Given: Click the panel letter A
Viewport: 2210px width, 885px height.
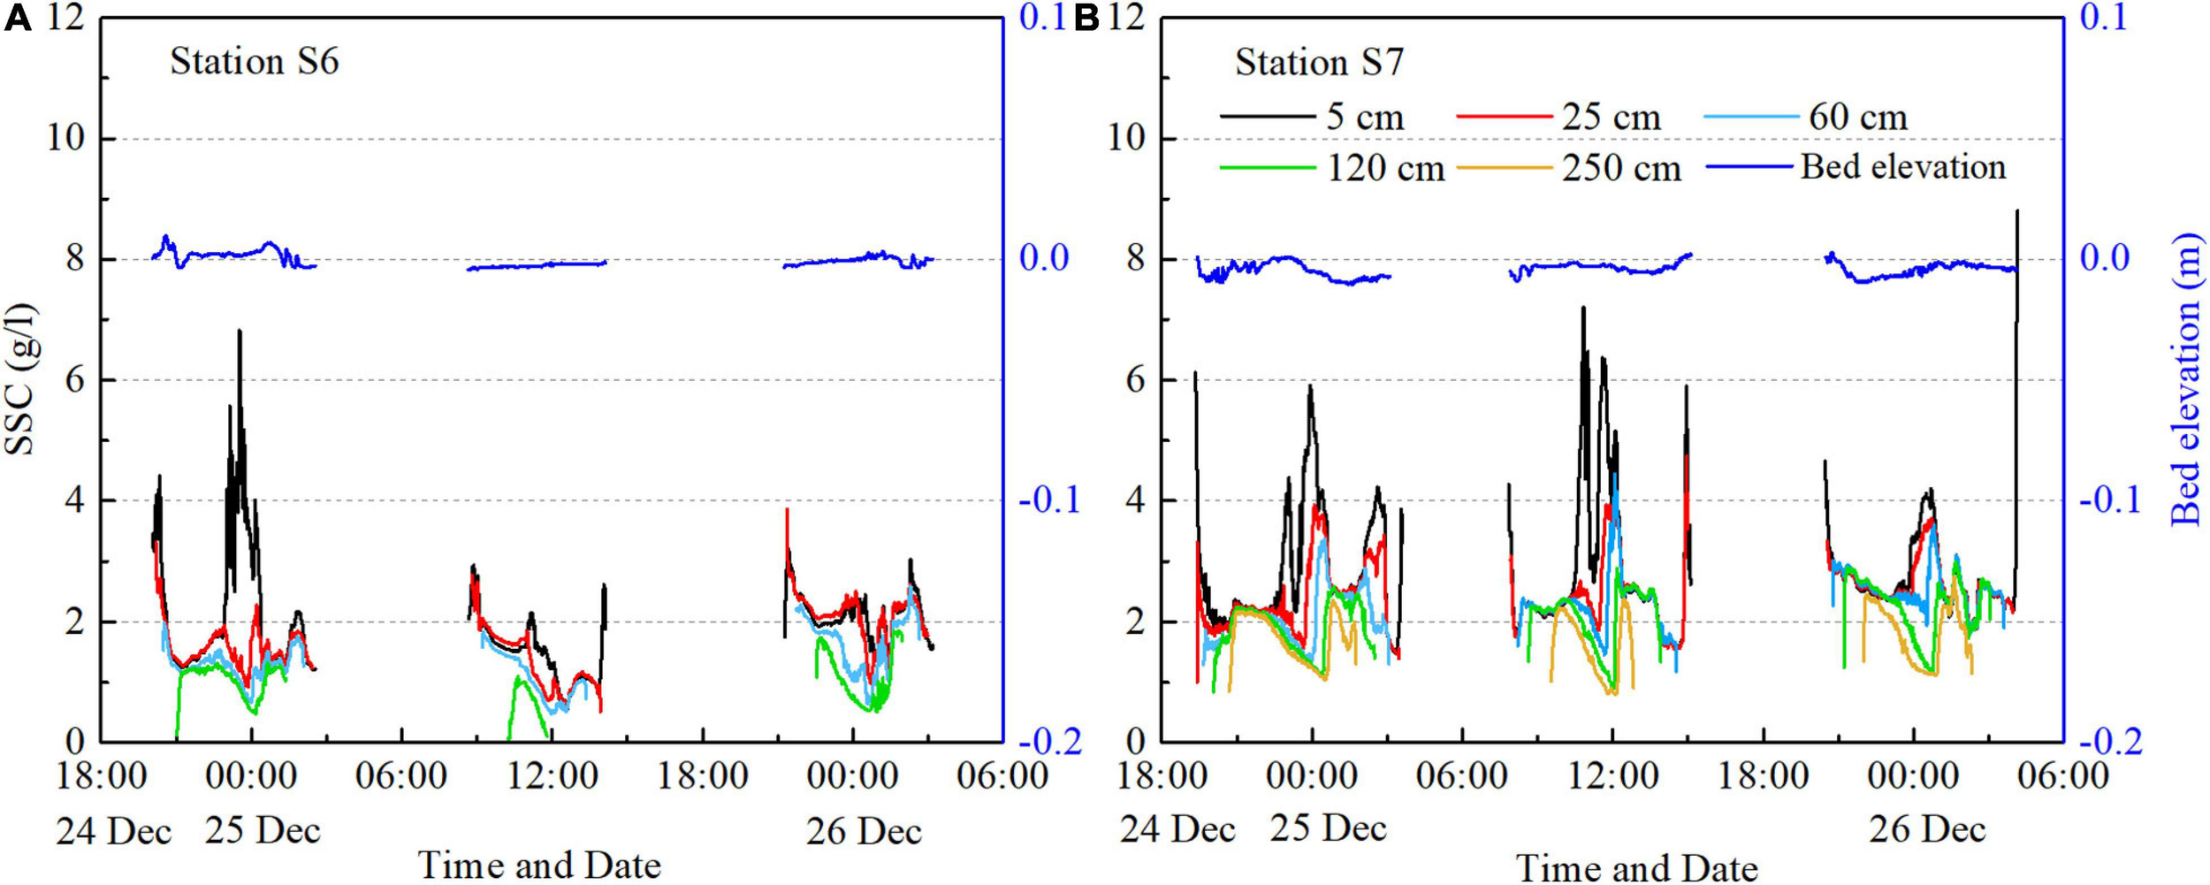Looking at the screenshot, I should click(x=18, y=19).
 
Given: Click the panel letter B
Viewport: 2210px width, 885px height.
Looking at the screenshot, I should click(x=1086, y=19).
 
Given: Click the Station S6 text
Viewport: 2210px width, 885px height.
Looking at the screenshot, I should click(x=255, y=62).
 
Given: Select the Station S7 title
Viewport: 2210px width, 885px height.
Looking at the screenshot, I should click(x=1319, y=63).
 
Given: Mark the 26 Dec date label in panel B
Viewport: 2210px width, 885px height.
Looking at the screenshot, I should click(x=1927, y=829).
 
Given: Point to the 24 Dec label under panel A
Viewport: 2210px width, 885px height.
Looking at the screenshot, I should click(x=113, y=831).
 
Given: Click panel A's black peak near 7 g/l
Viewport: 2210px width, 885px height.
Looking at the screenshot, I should click(x=239, y=332).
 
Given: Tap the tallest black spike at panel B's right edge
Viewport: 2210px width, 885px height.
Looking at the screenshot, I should click(x=2016, y=212).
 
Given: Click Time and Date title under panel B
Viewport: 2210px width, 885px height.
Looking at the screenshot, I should click(x=1636, y=868).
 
